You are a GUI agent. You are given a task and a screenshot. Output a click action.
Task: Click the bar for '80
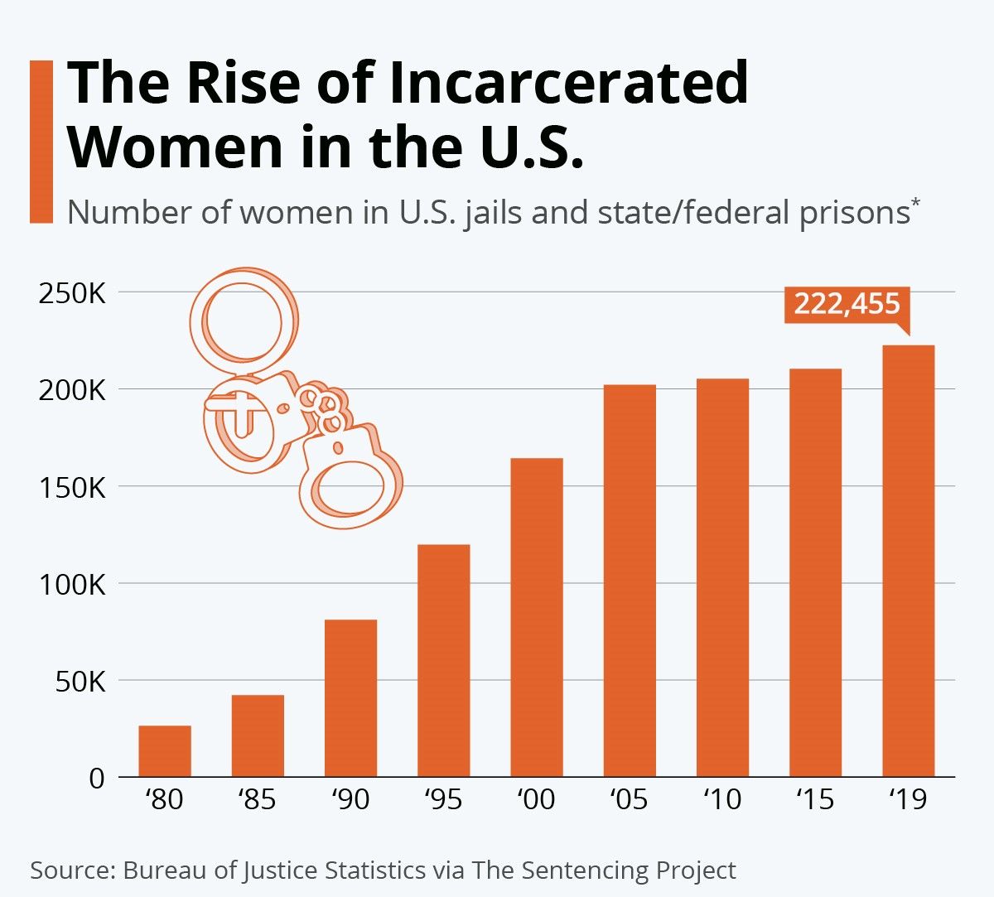point(165,751)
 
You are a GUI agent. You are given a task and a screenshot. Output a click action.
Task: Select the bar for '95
point(443,660)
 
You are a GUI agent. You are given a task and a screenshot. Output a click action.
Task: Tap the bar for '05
point(630,581)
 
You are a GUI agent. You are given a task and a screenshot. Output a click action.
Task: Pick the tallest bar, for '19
point(908,561)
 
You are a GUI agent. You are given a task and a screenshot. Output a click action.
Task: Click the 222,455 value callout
point(847,305)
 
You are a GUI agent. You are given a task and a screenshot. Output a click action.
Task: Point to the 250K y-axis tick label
point(72,293)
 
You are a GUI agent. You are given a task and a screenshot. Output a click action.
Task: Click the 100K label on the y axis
point(72,585)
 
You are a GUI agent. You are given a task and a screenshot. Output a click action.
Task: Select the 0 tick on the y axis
point(97,779)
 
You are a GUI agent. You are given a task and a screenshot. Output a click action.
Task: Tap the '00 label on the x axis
point(536,800)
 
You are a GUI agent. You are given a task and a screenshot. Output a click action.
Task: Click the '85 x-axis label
point(257,800)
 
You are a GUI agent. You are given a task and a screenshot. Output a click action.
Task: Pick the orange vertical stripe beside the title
point(41,141)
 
